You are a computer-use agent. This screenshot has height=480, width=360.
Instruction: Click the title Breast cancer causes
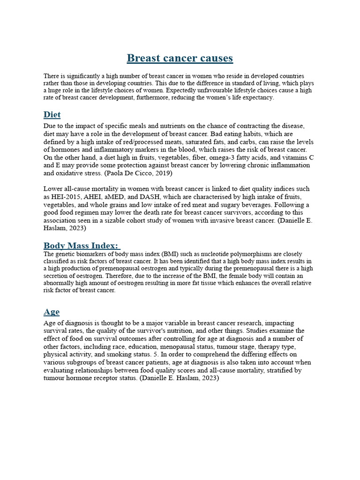tap(180, 58)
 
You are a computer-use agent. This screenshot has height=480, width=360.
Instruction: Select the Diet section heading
tap(52, 115)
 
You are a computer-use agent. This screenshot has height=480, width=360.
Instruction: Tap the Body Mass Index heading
tap(82, 245)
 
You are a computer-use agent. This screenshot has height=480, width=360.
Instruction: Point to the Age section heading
tap(52, 312)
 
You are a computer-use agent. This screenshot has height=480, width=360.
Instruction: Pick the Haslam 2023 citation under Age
tap(179, 378)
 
